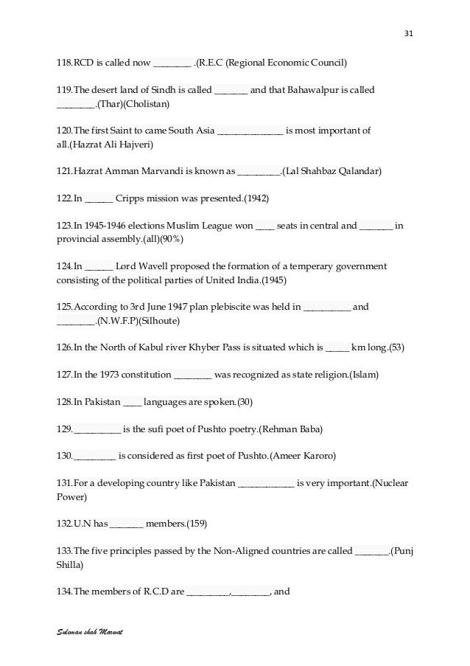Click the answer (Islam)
[x=363, y=375]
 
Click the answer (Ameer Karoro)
[x=303, y=456]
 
